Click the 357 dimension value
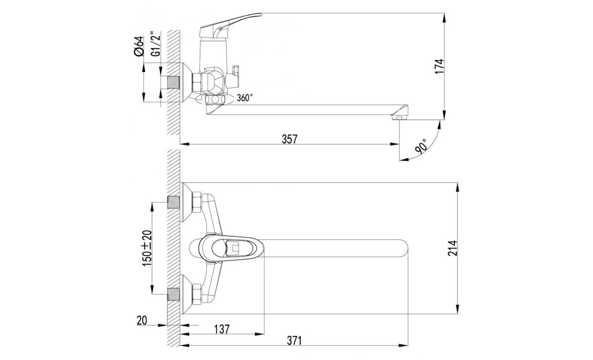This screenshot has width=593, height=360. click(290, 139)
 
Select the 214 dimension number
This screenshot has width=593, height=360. click(452, 248)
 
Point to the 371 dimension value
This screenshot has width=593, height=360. click(294, 341)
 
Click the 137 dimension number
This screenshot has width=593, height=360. click(222, 330)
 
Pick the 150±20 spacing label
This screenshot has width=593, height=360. click(147, 248)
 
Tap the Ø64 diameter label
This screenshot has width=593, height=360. click(139, 46)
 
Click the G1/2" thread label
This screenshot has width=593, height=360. click(156, 44)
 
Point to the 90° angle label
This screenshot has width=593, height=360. click(421, 147)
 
